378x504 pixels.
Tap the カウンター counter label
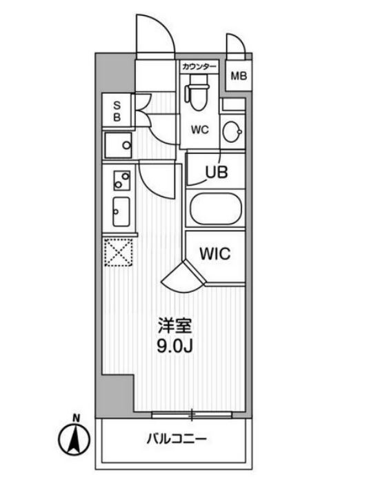(x=199, y=67)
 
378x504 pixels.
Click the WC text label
(x=200, y=128)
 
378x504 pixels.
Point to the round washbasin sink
(x=233, y=129)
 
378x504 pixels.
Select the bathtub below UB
(x=215, y=209)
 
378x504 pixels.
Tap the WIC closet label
(x=215, y=253)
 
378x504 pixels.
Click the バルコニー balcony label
(x=176, y=439)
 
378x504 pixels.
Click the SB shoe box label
(x=117, y=110)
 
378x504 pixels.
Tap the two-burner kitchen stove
(x=121, y=180)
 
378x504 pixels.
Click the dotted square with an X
(x=119, y=253)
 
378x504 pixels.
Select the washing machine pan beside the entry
(x=119, y=146)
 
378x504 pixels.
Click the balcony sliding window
(x=192, y=415)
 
